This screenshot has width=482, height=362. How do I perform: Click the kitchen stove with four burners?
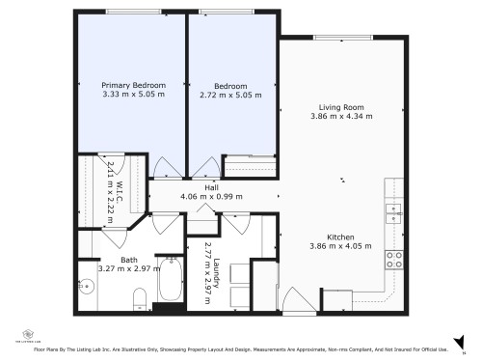[394, 259]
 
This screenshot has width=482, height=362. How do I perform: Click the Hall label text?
[211, 187]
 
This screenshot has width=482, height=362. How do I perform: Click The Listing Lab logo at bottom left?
[19, 338]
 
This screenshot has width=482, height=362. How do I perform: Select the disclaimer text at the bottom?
[241, 348]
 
